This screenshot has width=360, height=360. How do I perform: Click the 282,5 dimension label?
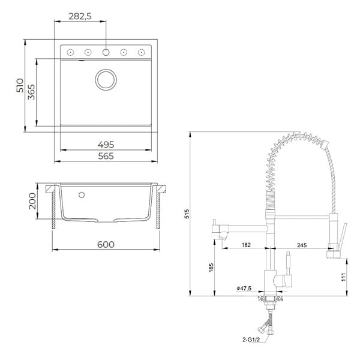(x=80, y=17)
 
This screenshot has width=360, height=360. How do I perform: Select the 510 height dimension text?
(x=20, y=85)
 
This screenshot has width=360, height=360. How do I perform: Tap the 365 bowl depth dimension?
(x=31, y=92)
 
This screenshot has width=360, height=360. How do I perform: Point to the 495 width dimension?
(x=106, y=145)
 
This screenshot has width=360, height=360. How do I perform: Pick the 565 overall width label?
(x=106, y=156)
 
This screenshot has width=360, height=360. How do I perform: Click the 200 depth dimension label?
(x=32, y=201)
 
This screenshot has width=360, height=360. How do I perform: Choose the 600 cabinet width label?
(x=106, y=245)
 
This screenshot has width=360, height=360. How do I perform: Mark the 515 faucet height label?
(x=187, y=214)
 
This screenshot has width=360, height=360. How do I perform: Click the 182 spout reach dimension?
(x=246, y=245)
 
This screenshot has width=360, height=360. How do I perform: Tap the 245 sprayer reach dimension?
(x=302, y=245)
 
